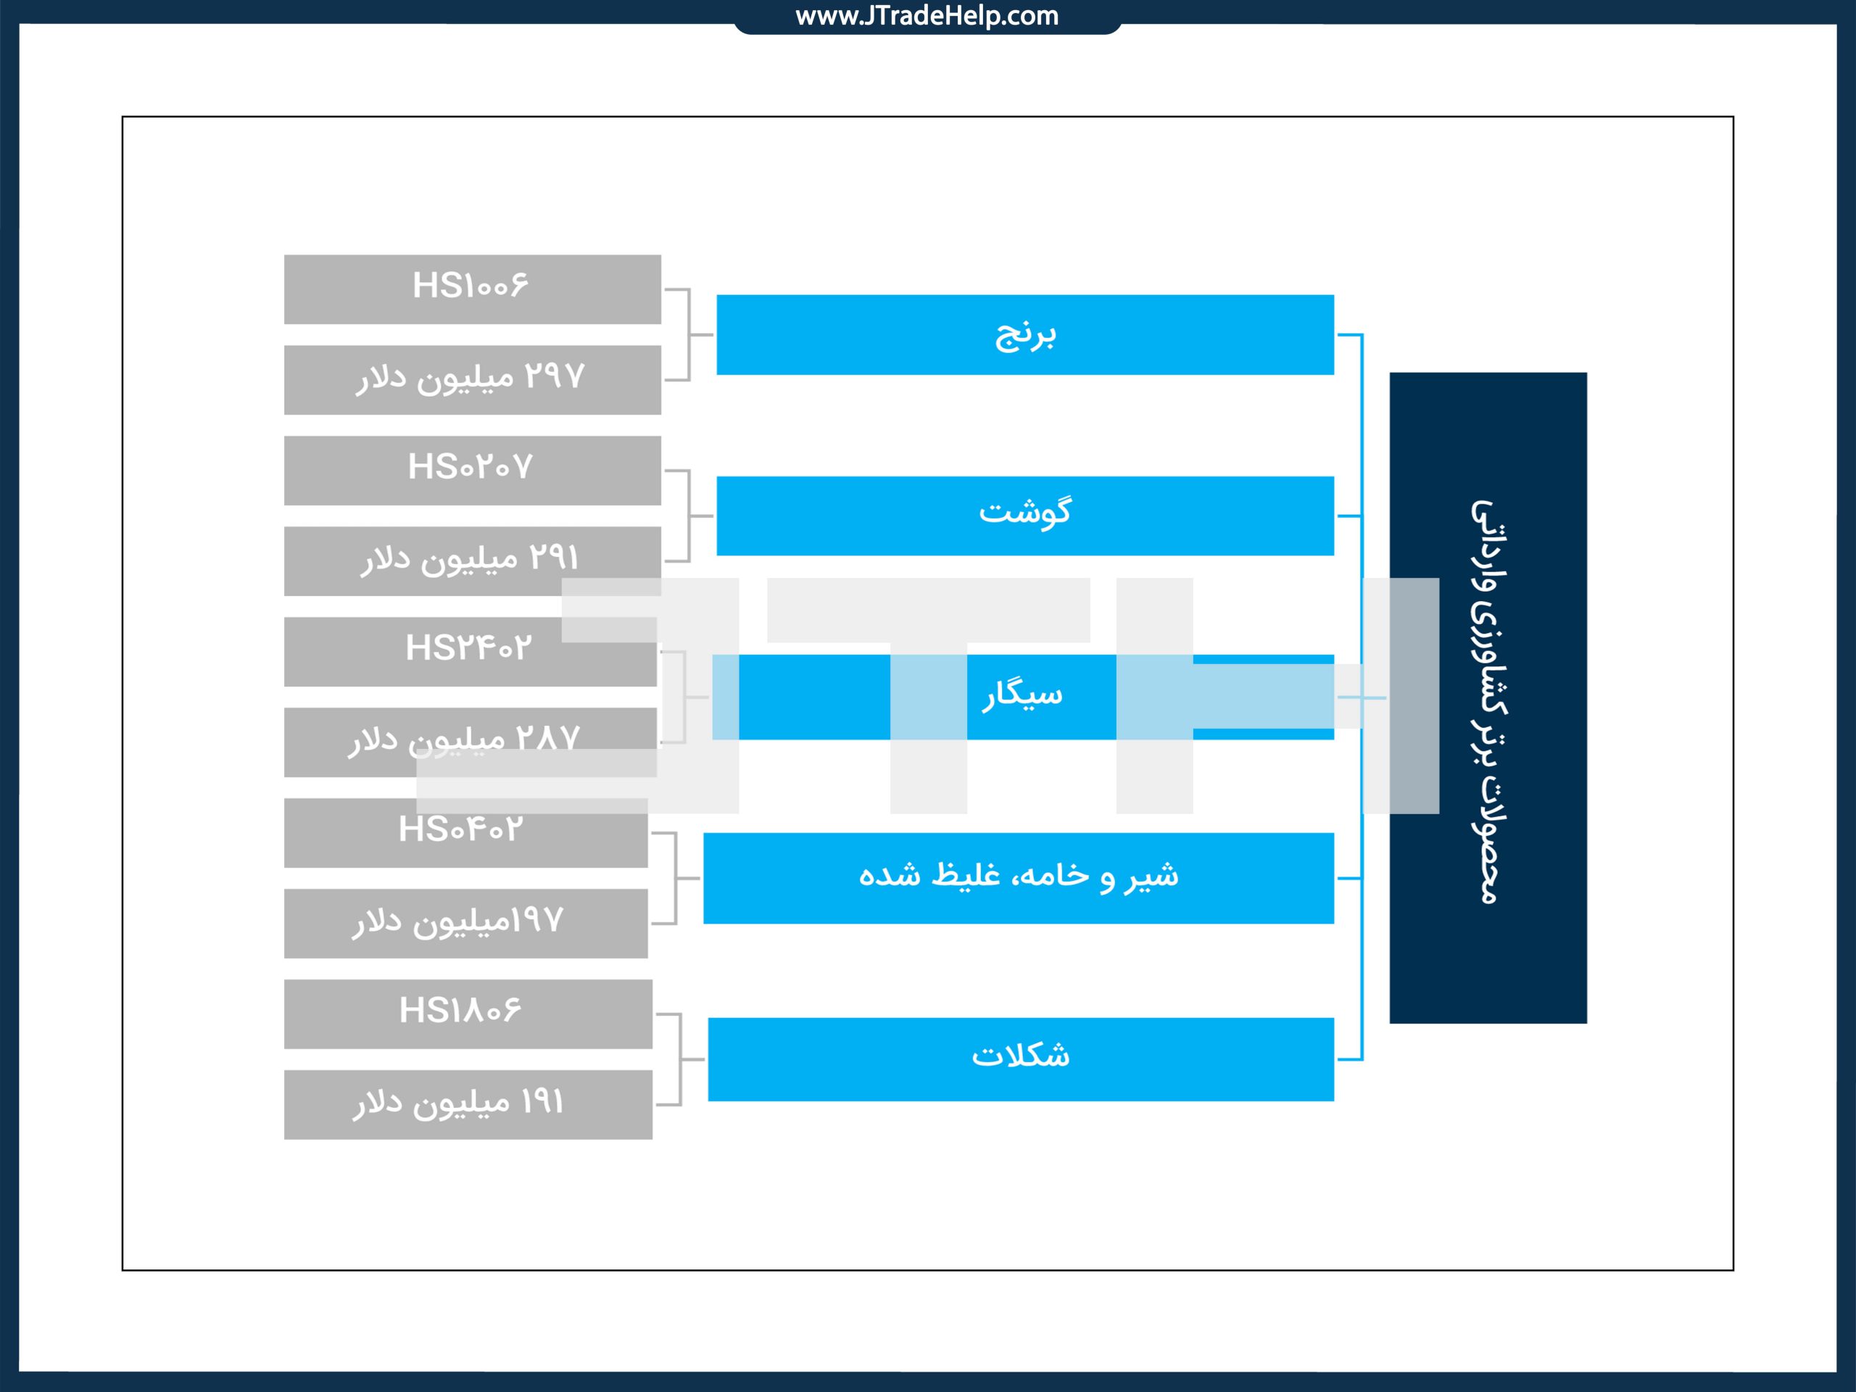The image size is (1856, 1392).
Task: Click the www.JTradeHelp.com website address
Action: (927, 16)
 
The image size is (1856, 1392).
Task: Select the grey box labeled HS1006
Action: (473, 289)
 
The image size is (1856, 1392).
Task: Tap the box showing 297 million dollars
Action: (473, 380)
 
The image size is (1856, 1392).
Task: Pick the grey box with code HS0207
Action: (473, 471)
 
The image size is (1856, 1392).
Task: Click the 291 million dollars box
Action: (473, 561)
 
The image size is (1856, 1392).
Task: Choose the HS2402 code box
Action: (471, 652)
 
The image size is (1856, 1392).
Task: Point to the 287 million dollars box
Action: (471, 742)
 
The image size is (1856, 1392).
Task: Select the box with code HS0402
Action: (465, 833)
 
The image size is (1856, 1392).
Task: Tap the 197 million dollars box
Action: (465, 924)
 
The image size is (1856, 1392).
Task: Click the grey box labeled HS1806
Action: (468, 1014)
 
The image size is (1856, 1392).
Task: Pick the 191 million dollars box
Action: (468, 1105)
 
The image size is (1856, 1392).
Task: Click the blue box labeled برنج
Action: (1025, 335)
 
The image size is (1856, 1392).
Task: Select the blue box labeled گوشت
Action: (1025, 516)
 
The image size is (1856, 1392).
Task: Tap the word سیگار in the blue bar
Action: (1023, 695)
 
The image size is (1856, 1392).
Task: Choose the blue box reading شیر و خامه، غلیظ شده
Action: (1019, 879)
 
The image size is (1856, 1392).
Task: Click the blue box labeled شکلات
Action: (1021, 1060)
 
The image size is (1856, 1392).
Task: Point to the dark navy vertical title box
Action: (1488, 698)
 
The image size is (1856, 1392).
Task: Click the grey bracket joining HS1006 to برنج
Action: (689, 335)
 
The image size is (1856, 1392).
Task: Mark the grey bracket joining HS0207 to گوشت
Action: (689, 516)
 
